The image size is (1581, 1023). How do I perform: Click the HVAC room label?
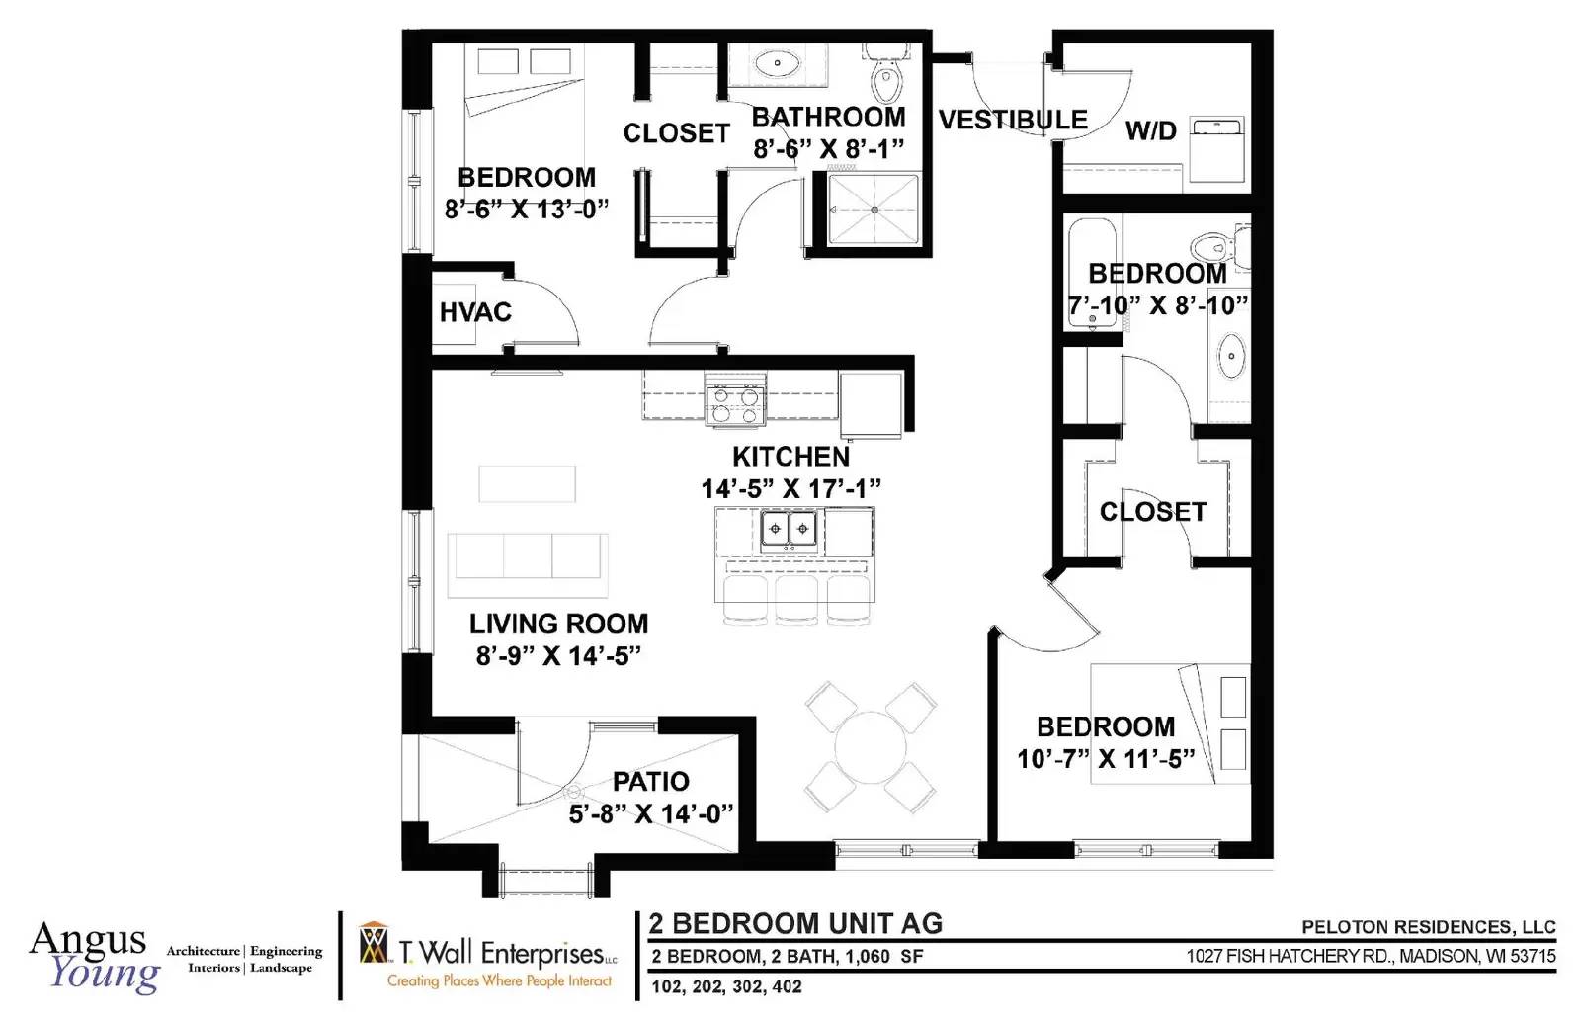pyautogui.click(x=475, y=312)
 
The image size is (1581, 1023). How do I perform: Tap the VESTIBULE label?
pyautogui.click(x=1013, y=120)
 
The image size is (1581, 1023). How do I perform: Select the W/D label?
pyautogui.click(x=1150, y=130)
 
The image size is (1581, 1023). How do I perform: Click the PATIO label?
pyautogui.click(x=651, y=782)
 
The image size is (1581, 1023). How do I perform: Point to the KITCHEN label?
pyautogui.click(x=790, y=457)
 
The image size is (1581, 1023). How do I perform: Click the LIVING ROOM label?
pyautogui.click(x=558, y=624)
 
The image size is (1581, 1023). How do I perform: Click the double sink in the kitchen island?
pyautogui.click(x=789, y=530)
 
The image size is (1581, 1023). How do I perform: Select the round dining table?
pyautogui.click(x=871, y=747)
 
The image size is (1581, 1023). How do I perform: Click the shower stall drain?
pyautogui.click(x=874, y=210)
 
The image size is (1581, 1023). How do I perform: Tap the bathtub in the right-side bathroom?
pyautogui.click(x=1092, y=273)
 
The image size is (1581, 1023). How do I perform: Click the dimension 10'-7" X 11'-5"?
pyautogui.click(x=1106, y=759)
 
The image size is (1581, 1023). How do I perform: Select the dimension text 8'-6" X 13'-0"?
pyautogui.click(x=527, y=209)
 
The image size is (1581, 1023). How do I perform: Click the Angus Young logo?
pyautogui.click(x=95, y=957)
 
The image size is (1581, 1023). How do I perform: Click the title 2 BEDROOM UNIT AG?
pyautogui.click(x=795, y=923)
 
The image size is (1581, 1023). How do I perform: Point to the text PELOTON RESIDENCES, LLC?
pyautogui.click(x=1429, y=927)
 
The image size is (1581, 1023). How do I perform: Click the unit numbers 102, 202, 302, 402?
pyautogui.click(x=726, y=987)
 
